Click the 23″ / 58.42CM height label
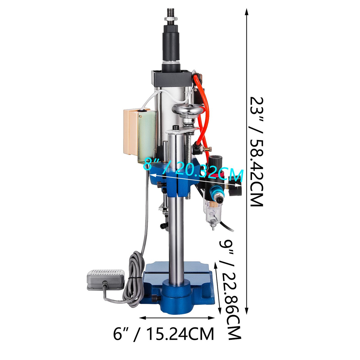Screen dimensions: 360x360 [256, 152]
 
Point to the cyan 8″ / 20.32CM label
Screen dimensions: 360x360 [193, 170]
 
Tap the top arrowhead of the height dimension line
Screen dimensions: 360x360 [247, 12]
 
